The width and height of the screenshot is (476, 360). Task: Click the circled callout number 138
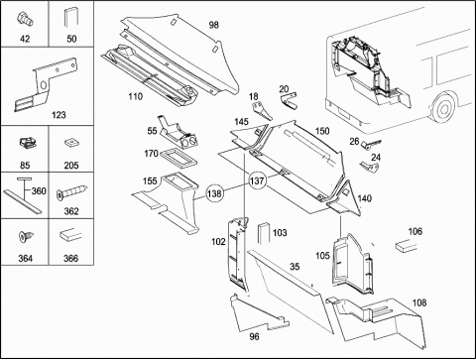pos(214,193)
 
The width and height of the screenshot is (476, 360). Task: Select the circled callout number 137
pos(257,180)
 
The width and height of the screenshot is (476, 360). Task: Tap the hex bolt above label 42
pos(26,18)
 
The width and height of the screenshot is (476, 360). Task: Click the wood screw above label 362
pos(71,192)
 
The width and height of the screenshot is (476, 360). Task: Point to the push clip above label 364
pos(25,237)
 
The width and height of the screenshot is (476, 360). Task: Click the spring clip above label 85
pos(27,143)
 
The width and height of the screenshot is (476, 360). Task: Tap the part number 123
pos(59,115)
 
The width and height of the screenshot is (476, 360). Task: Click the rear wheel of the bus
pos(442,106)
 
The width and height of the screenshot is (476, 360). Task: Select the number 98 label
pos(214,25)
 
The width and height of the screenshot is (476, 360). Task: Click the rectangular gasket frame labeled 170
pos(178,158)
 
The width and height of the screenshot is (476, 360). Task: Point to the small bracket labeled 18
pos(262,111)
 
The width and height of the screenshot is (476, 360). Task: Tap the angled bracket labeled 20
pos(289,101)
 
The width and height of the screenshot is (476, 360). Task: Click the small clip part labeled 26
pos(370,144)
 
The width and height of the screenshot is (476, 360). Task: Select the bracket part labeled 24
pos(370,167)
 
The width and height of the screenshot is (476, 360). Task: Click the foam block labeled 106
pos(406,247)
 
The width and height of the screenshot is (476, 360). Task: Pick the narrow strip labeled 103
pos(264,233)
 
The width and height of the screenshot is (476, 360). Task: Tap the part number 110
pos(136,96)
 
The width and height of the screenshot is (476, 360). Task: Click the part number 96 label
pos(254,336)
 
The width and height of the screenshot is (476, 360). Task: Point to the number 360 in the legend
pos(39,190)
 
